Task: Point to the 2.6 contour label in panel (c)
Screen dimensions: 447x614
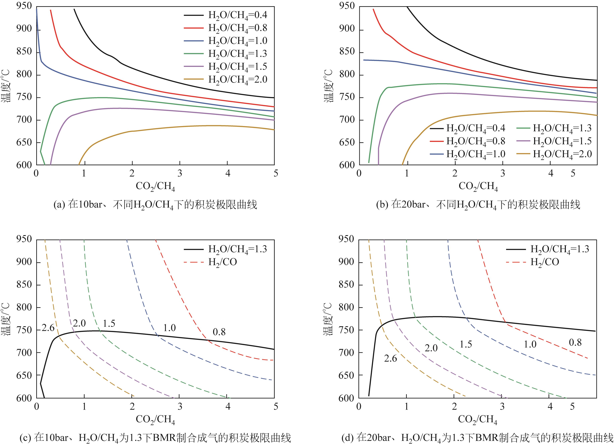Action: pyautogui.click(x=48, y=328)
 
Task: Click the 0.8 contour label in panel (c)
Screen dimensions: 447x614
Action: pyautogui.click(x=219, y=332)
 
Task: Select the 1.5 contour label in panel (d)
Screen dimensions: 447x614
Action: pyautogui.click(x=466, y=344)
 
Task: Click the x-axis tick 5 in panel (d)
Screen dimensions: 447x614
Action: pyautogui.click(x=572, y=406)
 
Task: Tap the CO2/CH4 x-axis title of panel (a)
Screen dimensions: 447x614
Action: pyautogui.click(x=155, y=186)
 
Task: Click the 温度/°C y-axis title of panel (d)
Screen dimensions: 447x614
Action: pyautogui.click(x=328, y=319)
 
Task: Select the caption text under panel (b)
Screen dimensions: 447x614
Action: pyautogui.click(x=478, y=204)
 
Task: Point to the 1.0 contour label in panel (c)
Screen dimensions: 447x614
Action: pyautogui.click(x=169, y=328)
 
